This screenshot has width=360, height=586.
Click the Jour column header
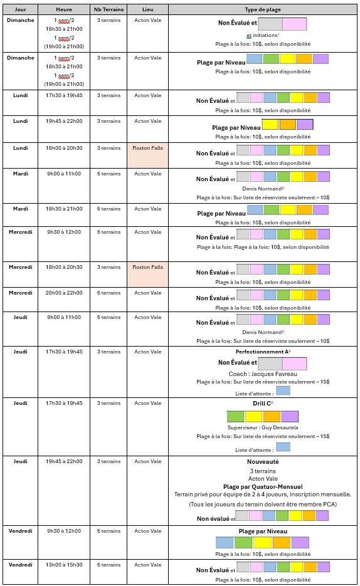(x=20, y=9)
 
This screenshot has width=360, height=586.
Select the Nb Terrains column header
(x=109, y=9)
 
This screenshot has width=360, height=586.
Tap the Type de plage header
(x=263, y=9)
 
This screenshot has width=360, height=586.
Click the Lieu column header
(x=147, y=9)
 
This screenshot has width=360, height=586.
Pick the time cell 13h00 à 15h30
(x=64, y=565)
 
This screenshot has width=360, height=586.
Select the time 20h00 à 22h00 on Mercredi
(x=64, y=293)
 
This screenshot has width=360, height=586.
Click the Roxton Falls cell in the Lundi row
(x=147, y=148)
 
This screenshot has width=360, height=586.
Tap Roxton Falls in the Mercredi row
(x=147, y=267)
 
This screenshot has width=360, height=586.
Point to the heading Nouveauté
(x=263, y=461)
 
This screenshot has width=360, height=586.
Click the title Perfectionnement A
(x=262, y=352)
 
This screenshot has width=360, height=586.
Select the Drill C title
(x=262, y=403)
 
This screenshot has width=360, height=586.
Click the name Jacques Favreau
(x=275, y=374)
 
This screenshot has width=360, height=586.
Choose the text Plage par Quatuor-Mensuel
(x=263, y=486)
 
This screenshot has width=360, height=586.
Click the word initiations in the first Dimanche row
(x=265, y=35)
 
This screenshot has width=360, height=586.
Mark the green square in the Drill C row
(x=236, y=416)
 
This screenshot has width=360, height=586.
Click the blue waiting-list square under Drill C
(x=283, y=447)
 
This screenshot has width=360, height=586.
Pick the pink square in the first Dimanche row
(x=295, y=24)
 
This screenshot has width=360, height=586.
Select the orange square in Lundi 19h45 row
(x=288, y=125)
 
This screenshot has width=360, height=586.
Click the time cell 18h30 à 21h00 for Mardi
(x=64, y=209)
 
